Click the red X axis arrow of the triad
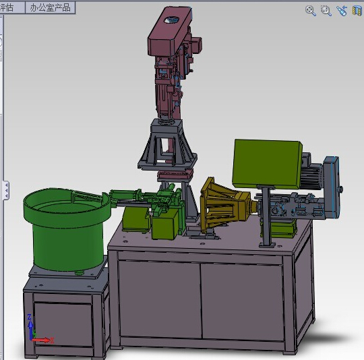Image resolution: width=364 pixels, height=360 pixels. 43,340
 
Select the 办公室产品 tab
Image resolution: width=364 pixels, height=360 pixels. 50,7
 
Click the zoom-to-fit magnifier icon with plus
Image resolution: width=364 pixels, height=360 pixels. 311,10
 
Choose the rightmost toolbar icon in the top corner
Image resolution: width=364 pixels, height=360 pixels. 357,10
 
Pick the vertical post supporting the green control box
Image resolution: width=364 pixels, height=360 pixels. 268,216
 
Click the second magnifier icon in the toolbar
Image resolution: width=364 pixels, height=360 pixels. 326,10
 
